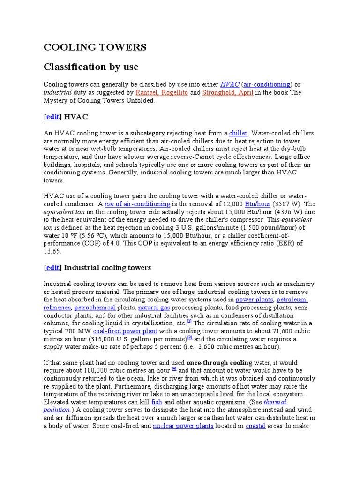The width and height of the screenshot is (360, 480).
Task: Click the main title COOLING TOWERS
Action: (x=95, y=47)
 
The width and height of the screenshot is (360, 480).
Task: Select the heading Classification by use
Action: (x=91, y=67)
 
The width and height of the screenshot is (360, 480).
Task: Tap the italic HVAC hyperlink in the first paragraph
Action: (x=230, y=84)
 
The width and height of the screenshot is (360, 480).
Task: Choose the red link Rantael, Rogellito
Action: (x=161, y=92)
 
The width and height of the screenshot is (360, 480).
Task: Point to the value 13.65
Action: (x=52, y=251)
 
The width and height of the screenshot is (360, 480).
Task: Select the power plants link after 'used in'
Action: (x=254, y=299)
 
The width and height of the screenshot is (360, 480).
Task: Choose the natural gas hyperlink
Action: (x=154, y=307)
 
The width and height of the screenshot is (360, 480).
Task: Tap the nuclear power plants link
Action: (x=183, y=426)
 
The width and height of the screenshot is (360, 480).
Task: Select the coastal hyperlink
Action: (x=256, y=426)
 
